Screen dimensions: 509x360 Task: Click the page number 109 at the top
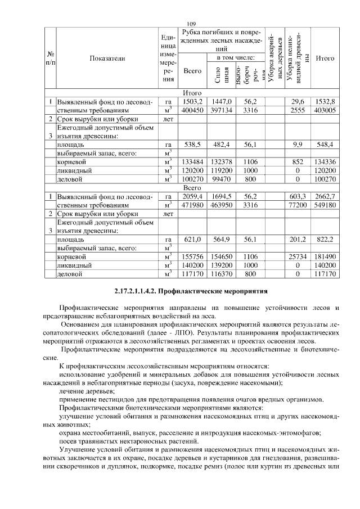pos(190,24)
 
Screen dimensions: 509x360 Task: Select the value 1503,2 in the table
pos(192,101)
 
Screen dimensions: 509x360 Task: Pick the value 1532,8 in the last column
pos(325,101)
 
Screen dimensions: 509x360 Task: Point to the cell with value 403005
pos(325,110)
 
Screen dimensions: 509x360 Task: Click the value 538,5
pos(192,145)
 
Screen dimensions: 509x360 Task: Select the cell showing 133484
pos(192,162)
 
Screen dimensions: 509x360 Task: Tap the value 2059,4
pos(192,196)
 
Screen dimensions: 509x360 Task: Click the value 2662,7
pos(325,196)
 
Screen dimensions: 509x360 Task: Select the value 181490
pos(325,256)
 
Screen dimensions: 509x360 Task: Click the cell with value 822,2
pos(325,239)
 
